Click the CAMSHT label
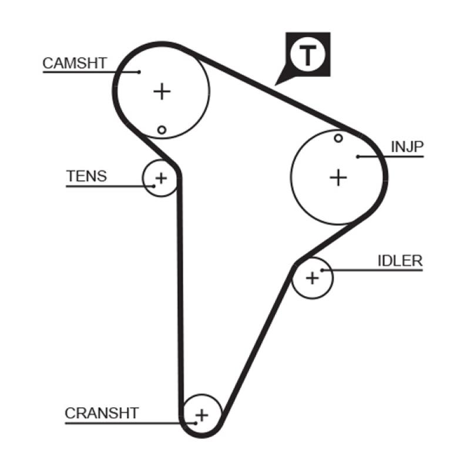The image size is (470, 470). (75, 63)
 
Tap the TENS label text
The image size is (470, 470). (87, 176)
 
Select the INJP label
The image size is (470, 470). (407, 147)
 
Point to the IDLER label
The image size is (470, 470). (400, 260)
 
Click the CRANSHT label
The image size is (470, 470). (102, 413)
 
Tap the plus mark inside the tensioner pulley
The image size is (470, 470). (160, 177)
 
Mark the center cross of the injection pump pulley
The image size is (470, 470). (338, 177)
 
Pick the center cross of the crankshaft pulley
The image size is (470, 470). (202, 415)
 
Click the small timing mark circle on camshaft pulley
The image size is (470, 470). (162, 129)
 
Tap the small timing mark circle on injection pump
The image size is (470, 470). (338, 138)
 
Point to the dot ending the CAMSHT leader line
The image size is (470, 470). (139, 72)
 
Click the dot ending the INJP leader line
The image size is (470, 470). (358, 156)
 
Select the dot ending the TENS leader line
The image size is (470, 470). (154, 186)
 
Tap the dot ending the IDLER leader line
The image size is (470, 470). (322, 270)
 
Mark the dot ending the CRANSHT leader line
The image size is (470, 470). (195, 422)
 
